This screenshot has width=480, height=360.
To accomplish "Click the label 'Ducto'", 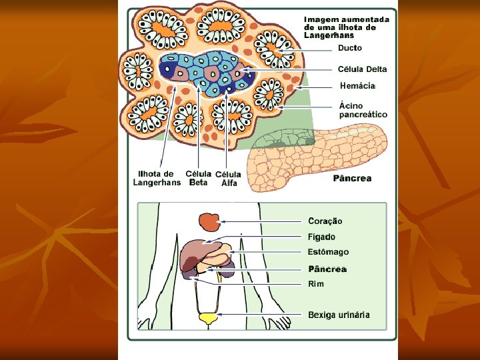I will click(350, 48).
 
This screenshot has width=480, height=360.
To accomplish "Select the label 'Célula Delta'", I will click(362, 69).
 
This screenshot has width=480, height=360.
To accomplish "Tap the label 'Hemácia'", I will click(358, 86).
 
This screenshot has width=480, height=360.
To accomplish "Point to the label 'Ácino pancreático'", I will click(363, 109).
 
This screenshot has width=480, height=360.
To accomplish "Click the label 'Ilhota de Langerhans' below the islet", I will click(157, 178).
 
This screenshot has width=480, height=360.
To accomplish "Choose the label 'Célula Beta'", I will click(199, 178).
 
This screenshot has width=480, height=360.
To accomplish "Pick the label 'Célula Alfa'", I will click(229, 179).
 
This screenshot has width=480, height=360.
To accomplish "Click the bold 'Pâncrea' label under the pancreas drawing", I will click(352, 179).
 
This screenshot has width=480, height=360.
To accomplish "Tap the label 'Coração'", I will click(325, 221).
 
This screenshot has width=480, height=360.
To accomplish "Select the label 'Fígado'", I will click(321, 237).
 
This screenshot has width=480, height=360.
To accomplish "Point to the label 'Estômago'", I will click(328, 252).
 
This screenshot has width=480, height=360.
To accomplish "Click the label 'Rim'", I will click(316, 284).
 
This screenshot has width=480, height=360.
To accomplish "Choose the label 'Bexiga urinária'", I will click(339, 315).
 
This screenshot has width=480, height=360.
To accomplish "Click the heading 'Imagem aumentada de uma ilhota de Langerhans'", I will click(346, 27).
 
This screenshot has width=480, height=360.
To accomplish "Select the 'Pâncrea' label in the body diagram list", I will click(327, 269).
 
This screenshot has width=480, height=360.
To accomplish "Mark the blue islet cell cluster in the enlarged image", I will click(208, 72).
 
